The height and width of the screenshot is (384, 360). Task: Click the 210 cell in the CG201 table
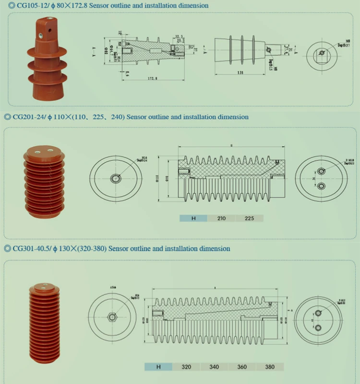(x=221, y=218)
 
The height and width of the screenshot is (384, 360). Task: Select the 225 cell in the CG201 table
(x=249, y=218)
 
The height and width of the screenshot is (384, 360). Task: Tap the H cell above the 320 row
(x=158, y=367)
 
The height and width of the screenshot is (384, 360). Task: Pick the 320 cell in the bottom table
(x=186, y=367)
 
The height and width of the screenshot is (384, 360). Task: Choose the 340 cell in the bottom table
(x=214, y=367)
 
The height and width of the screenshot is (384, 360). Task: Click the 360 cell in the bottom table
(x=242, y=367)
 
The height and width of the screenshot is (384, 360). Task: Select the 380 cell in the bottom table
(x=270, y=367)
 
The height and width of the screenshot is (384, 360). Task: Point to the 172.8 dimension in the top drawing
(x=153, y=77)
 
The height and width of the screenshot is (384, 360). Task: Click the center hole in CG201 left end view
(x=115, y=179)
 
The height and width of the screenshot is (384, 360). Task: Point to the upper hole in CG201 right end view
(x=321, y=172)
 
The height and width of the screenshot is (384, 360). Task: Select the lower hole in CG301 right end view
(x=318, y=327)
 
